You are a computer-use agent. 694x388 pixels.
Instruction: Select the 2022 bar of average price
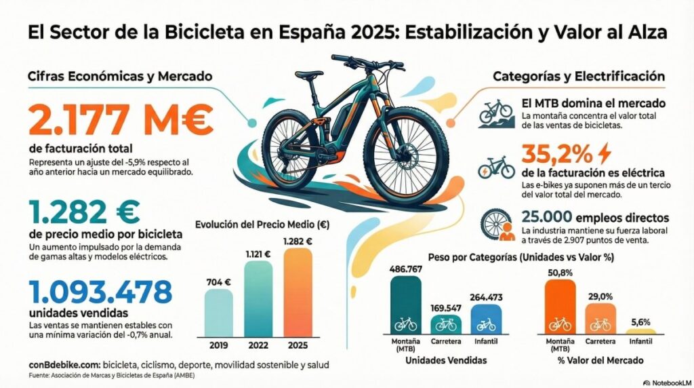(x=258, y=298)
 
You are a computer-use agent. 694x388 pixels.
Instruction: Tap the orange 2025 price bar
(x=298, y=291)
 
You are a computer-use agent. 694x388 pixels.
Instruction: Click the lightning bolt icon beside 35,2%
(x=605, y=153)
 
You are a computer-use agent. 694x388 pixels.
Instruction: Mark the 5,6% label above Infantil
(x=640, y=322)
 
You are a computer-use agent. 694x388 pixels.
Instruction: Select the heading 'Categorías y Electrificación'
(x=578, y=77)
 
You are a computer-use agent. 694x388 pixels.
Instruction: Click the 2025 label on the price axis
(x=298, y=344)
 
